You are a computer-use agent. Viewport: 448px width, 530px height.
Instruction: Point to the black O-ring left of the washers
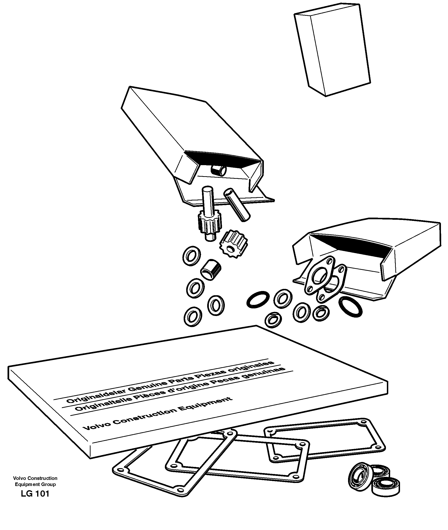pos(258,299)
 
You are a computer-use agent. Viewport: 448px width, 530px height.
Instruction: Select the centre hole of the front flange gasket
pos(319,276)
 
